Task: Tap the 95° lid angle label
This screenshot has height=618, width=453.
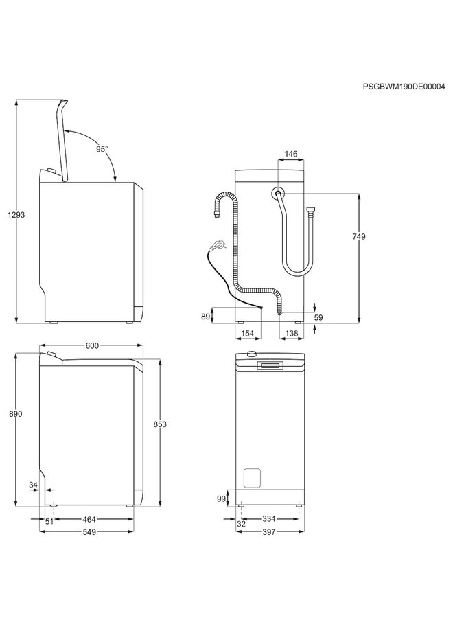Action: (x=102, y=149)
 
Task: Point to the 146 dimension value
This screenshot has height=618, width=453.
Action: (x=291, y=154)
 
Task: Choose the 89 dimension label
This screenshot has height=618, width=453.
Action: (x=205, y=316)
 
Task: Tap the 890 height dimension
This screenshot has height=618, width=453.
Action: (x=16, y=414)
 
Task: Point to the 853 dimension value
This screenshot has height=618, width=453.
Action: (x=160, y=424)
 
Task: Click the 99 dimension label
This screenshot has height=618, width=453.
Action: (x=221, y=498)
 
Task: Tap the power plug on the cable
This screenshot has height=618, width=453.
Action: (x=218, y=243)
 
